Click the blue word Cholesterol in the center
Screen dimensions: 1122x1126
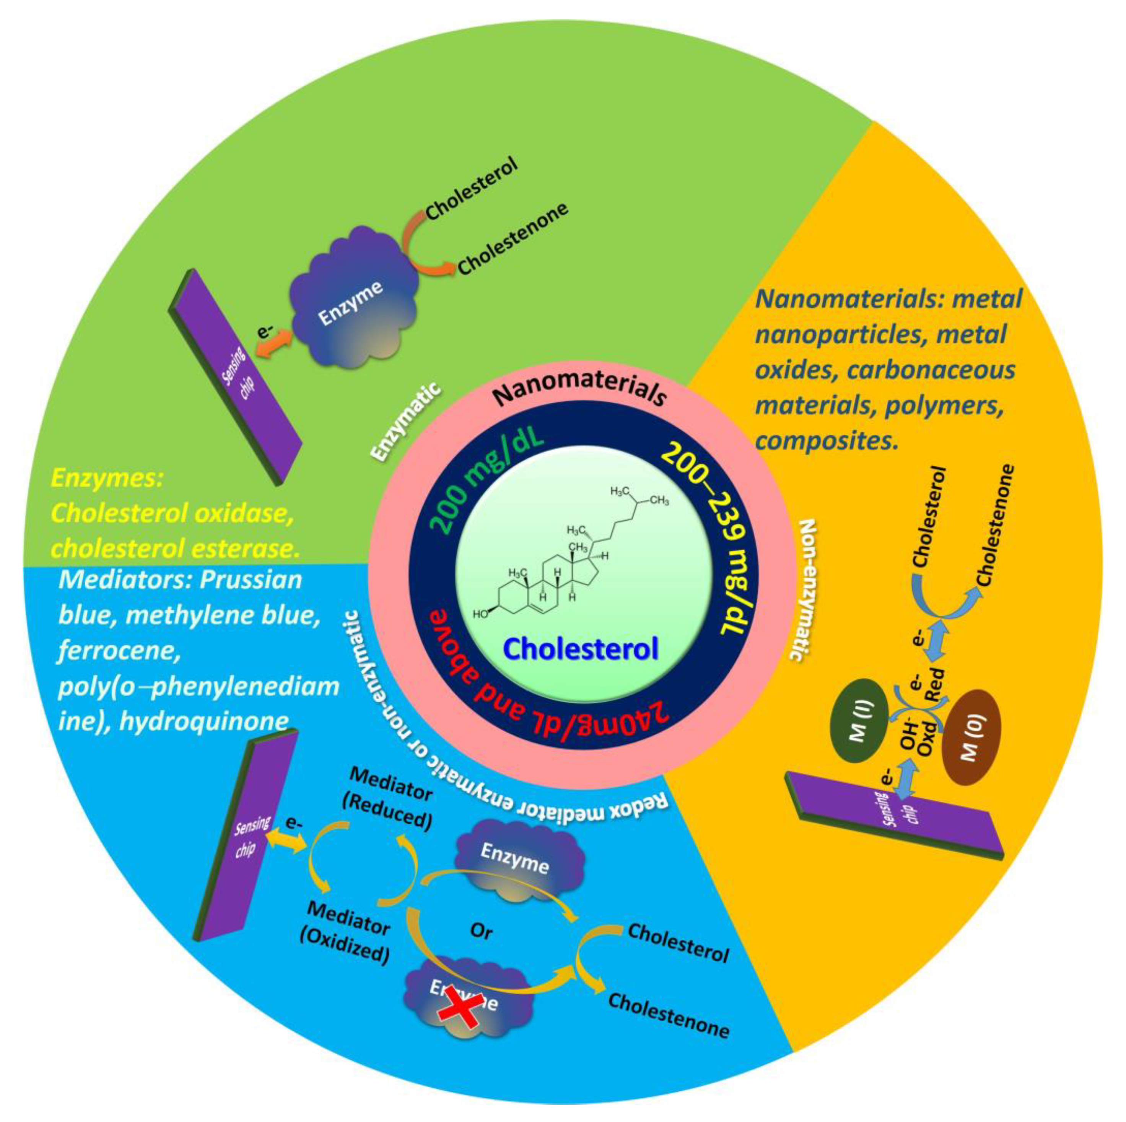tap(581, 648)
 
